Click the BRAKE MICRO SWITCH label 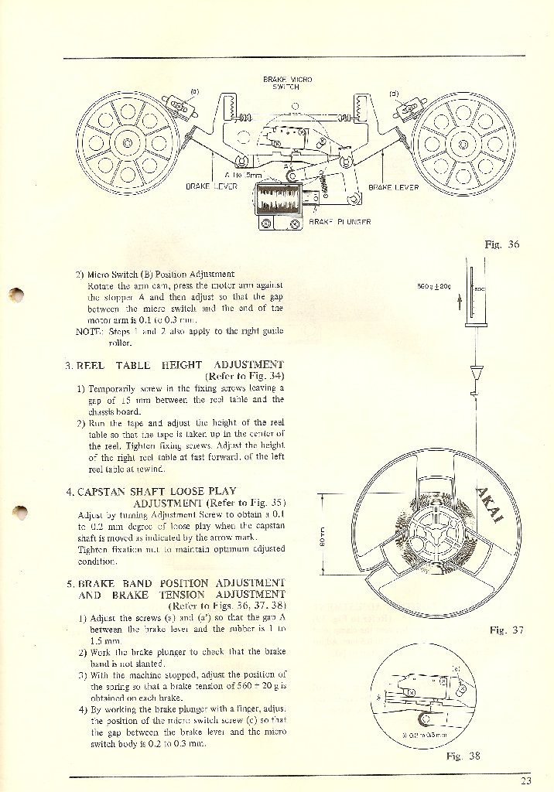pyautogui.click(x=287, y=84)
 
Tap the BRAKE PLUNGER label pyautogui.click(x=340, y=222)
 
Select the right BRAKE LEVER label pyautogui.click(x=393, y=186)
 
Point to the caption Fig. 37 pyautogui.click(x=507, y=630)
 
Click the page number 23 pyautogui.click(x=526, y=780)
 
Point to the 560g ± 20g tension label pyautogui.click(x=433, y=286)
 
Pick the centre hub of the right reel pyautogui.click(x=453, y=143)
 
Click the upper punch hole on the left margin pyautogui.click(x=18, y=295)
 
